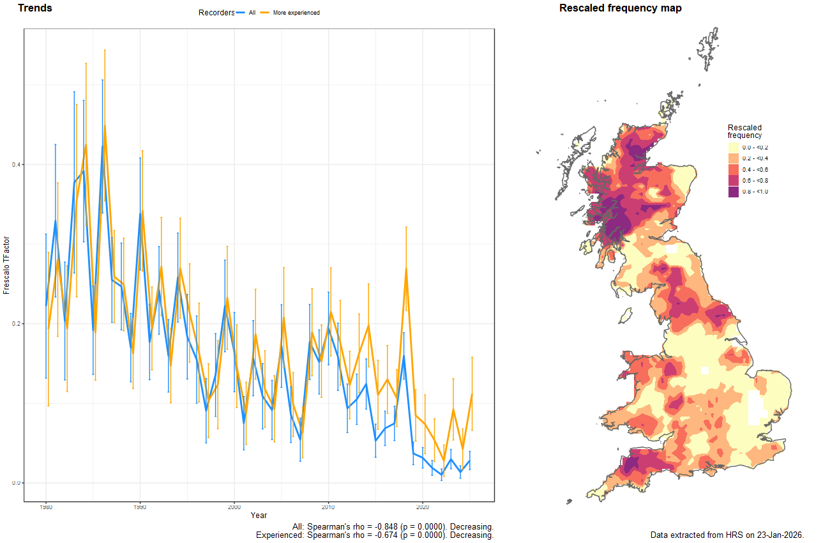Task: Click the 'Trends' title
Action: click(35, 8)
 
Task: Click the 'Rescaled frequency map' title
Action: click(620, 8)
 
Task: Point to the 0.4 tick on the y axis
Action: click(17, 165)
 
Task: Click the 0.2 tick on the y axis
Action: click(17, 324)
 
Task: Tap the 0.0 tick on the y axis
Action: click(17, 483)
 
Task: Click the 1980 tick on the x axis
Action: click(46, 507)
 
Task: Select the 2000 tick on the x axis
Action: click(234, 507)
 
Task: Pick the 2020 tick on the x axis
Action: click(423, 507)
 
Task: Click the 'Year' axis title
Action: click(259, 515)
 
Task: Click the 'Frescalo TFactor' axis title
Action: click(7, 265)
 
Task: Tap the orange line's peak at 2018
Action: click(406, 270)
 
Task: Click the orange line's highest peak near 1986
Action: click(105, 126)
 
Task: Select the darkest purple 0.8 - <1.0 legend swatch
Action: click(734, 192)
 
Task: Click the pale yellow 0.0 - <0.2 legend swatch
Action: click(734, 148)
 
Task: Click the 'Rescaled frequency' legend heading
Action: click(744, 131)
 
